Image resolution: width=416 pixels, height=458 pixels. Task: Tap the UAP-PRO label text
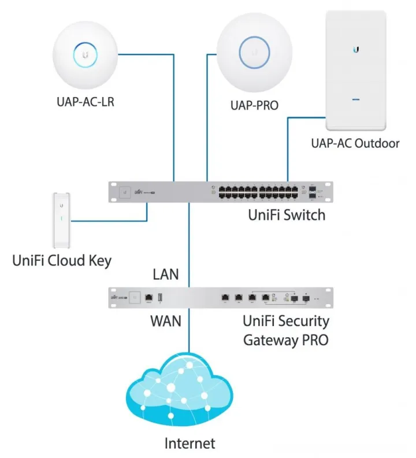click(254, 106)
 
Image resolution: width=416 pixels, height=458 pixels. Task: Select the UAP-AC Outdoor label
click(355, 143)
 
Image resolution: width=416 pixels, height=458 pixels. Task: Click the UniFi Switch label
click(287, 215)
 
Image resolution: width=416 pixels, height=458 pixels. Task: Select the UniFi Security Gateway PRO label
click(286, 330)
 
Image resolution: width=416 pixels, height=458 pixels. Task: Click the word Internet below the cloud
click(190, 444)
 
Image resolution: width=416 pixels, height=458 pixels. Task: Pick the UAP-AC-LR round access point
click(86, 56)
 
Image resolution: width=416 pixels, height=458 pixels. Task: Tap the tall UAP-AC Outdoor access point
click(355, 70)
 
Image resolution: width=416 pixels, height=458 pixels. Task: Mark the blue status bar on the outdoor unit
click(355, 99)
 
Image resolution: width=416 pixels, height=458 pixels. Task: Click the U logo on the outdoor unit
click(355, 50)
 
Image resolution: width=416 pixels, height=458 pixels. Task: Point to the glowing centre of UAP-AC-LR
click(86, 56)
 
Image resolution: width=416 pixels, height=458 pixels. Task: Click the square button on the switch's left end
click(123, 191)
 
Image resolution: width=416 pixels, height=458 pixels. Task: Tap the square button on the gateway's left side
click(135, 297)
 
